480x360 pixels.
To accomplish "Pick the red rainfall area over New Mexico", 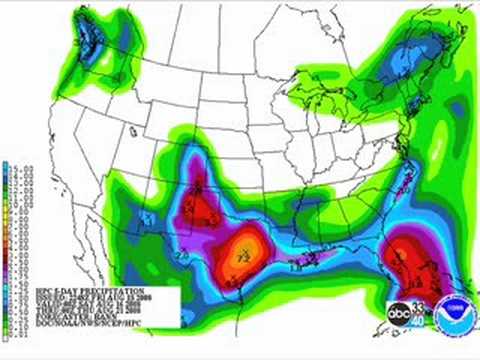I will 204,198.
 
